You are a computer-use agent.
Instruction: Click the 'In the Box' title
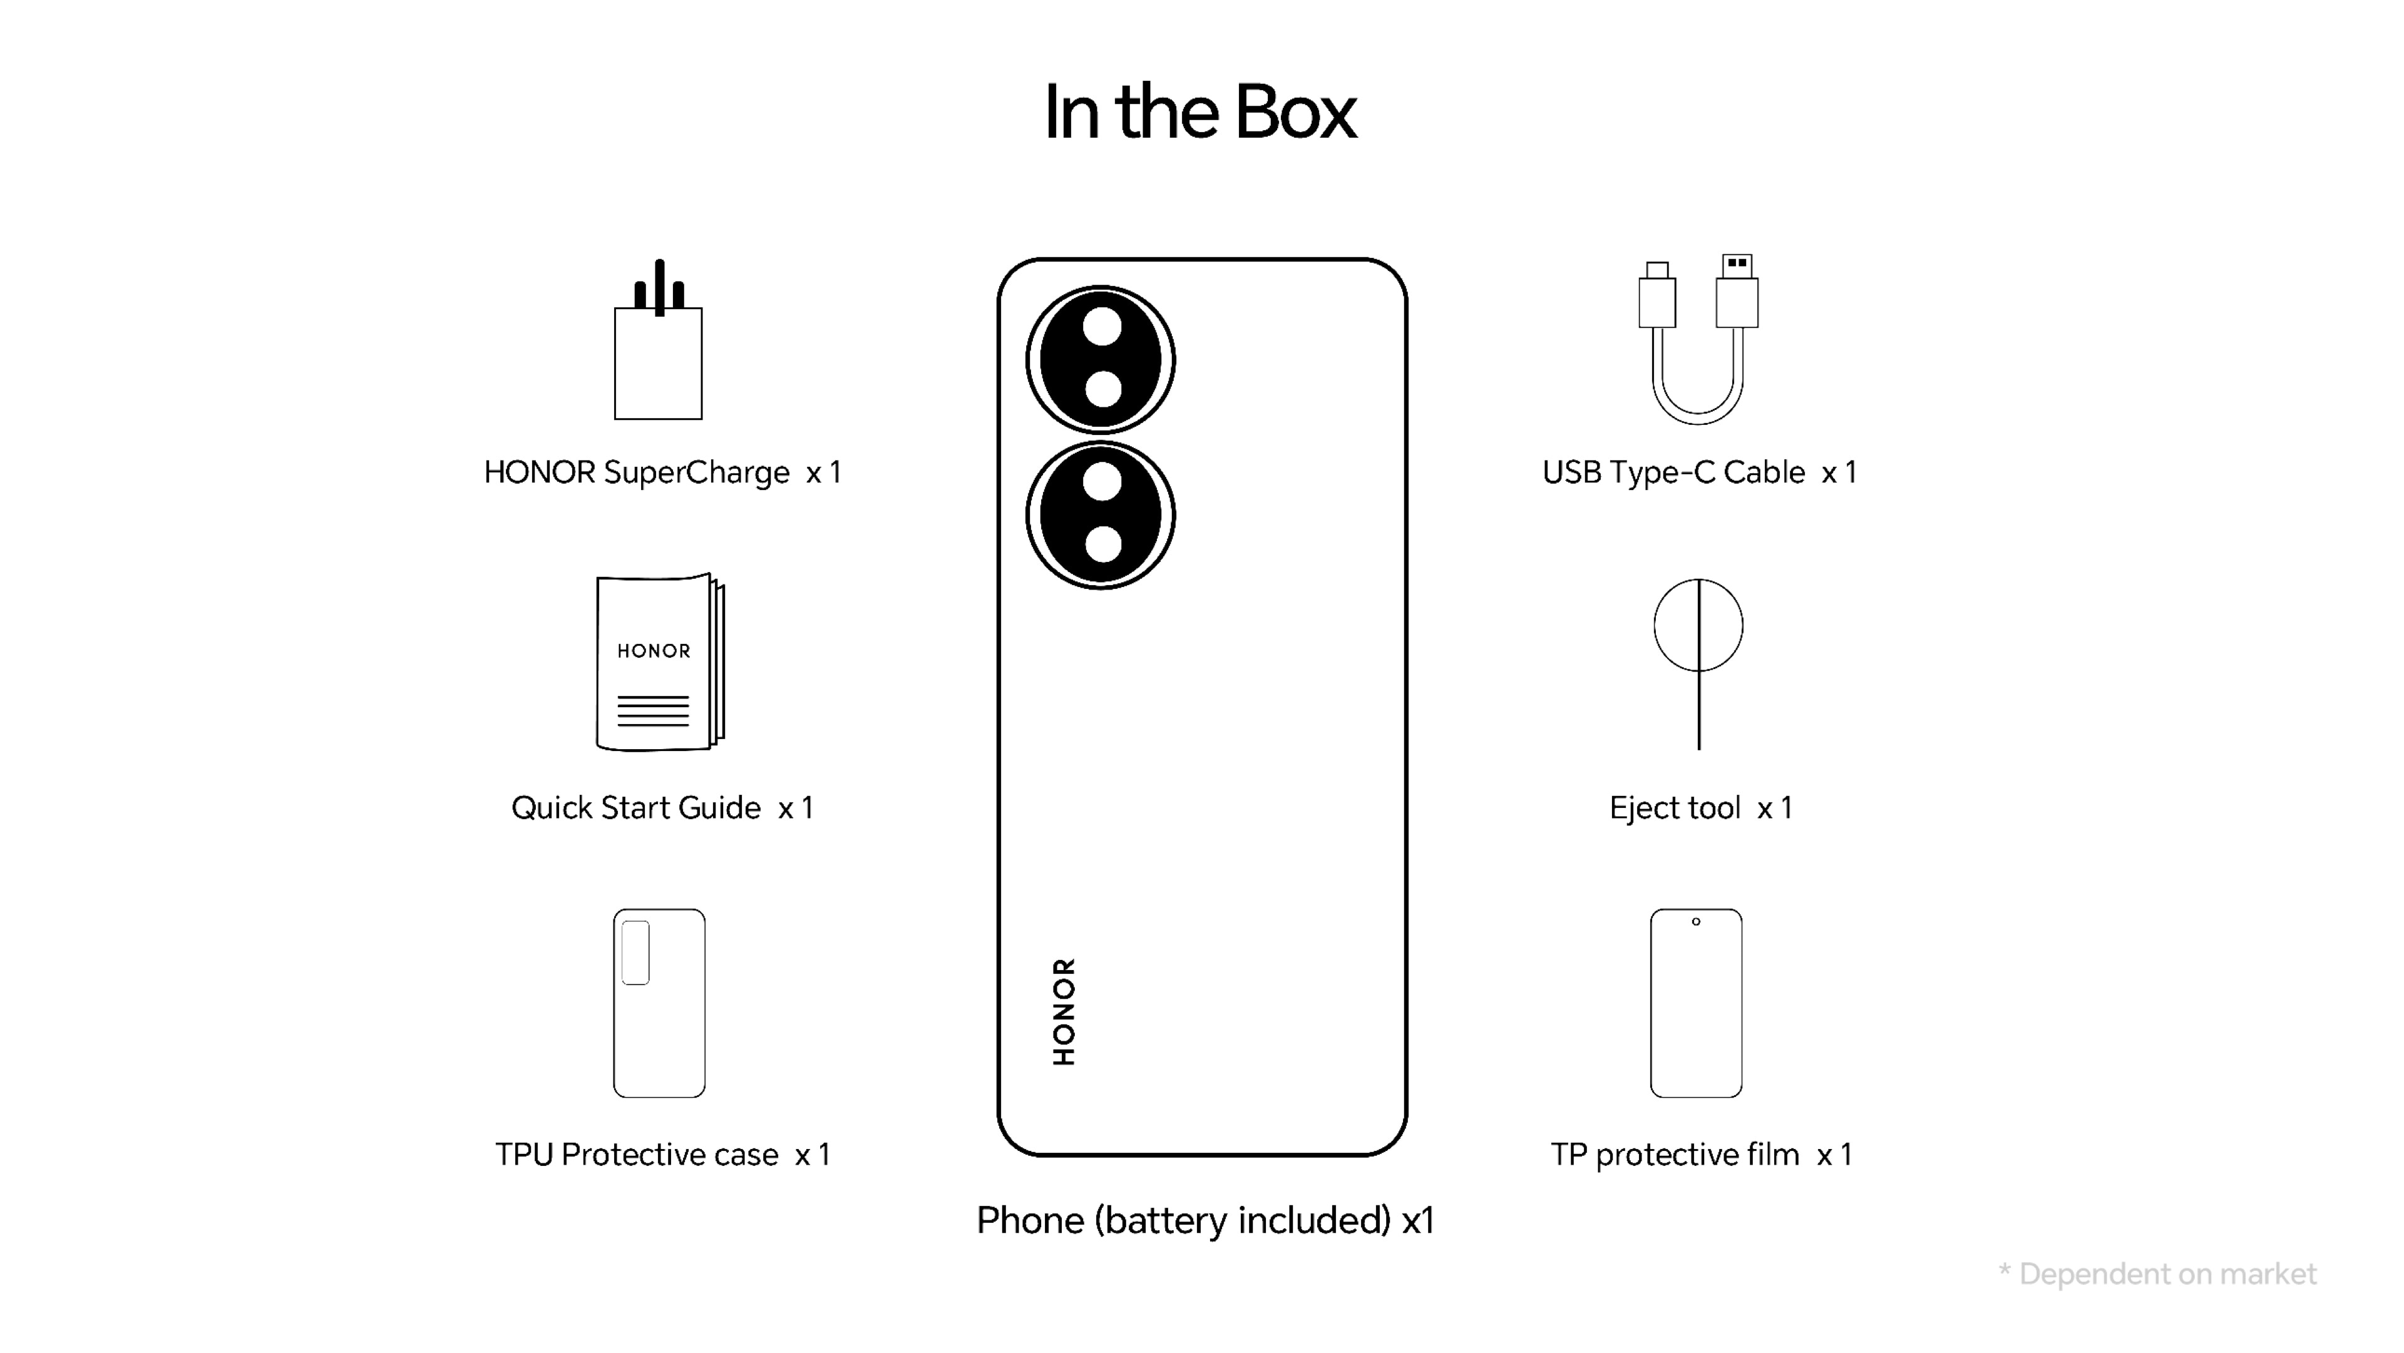[x=1200, y=112]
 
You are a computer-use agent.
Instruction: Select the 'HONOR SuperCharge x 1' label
[x=662, y=472]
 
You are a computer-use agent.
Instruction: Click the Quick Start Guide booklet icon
[x=659, y=663]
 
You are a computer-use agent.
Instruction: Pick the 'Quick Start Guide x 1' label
[x=662, y=808]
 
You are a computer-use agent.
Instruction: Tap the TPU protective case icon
[x=659, y=1003]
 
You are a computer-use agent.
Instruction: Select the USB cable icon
[x=1698, y=340]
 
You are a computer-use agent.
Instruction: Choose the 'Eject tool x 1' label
[x=1700, y=808]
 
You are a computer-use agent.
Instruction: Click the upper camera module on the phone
[x=1101, y=359]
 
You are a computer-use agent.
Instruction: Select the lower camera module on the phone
[x=1101, y=515]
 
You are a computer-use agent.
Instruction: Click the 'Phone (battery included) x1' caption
[x=1205, y=1220]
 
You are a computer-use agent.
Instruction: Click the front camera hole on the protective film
[x=1696, y=922]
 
